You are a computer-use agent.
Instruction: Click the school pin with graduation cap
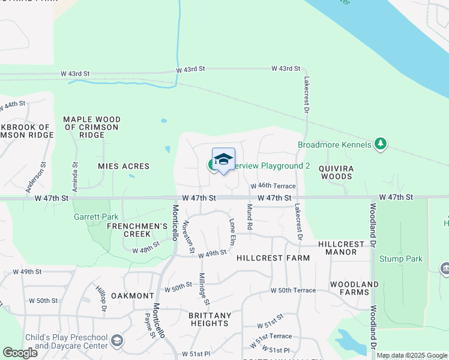223,159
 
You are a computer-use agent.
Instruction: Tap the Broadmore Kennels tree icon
379,144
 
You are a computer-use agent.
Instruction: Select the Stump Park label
401,259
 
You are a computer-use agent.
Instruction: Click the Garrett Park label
91,217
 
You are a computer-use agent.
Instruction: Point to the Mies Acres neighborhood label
123,166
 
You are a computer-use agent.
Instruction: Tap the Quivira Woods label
336,172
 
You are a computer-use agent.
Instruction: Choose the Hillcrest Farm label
273,258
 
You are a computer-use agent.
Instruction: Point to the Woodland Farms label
354,288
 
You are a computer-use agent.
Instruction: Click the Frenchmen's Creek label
136,230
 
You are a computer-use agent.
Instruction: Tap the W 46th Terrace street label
273,187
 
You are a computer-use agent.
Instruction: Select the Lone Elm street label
232,231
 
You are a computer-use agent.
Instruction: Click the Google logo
20,353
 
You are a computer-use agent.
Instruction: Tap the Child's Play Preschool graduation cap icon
118,341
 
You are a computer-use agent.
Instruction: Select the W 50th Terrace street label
293,290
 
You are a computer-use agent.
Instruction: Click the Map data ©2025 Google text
412,356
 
